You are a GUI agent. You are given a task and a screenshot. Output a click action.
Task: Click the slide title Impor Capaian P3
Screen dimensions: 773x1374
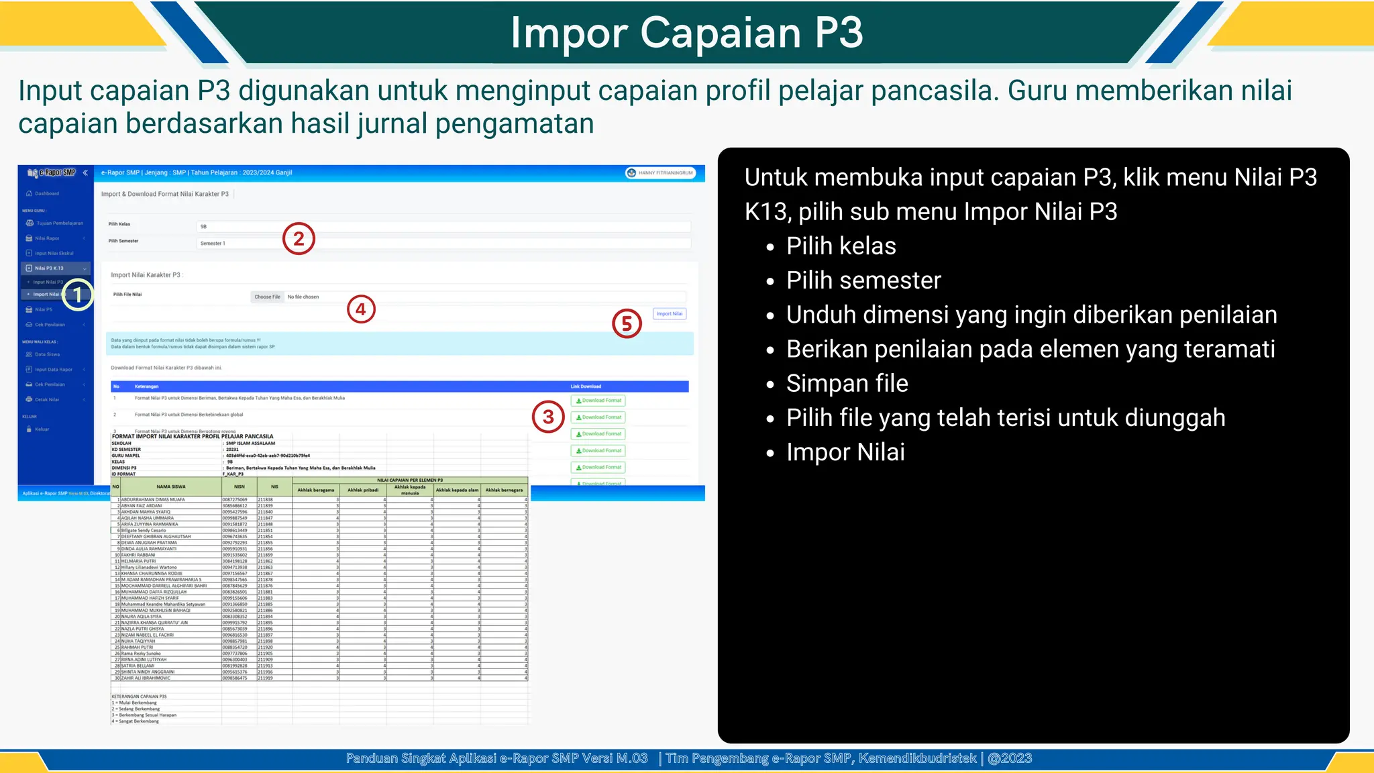(686, 32)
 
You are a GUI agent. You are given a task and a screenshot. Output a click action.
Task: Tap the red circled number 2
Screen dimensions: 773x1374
(299, 239)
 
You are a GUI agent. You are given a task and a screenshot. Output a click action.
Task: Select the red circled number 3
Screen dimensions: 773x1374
(548, 417)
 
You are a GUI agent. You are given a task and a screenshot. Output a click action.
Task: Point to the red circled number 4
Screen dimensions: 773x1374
(361, 309)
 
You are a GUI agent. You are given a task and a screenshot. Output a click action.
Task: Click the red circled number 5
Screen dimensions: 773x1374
(627, 323)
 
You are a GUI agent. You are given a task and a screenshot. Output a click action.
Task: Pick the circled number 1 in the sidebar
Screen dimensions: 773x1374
(78, 295)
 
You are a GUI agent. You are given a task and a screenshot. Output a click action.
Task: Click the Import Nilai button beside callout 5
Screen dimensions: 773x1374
(670, 313)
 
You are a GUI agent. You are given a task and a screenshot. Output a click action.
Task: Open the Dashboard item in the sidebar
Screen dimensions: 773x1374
(46, 193)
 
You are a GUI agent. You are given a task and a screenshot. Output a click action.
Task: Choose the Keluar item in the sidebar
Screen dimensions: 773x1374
(42, 429)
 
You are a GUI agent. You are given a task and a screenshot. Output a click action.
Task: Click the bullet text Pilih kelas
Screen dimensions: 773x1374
(841, 246)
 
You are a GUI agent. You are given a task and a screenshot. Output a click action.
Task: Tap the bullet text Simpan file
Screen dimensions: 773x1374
(847, 383)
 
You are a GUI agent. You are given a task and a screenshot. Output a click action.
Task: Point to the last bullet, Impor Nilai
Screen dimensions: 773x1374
(845, 452)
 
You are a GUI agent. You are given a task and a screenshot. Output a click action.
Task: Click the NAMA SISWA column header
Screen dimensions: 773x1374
(170, 486)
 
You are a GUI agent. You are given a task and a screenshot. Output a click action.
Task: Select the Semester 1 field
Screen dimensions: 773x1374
(443, 243)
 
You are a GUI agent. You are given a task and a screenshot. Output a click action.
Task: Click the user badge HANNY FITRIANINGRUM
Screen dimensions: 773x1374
(661, 173)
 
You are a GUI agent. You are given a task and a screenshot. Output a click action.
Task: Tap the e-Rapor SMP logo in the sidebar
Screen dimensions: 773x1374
(52, 173)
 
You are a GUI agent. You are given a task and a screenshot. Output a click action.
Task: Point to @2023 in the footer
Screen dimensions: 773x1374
(1010, 758)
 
